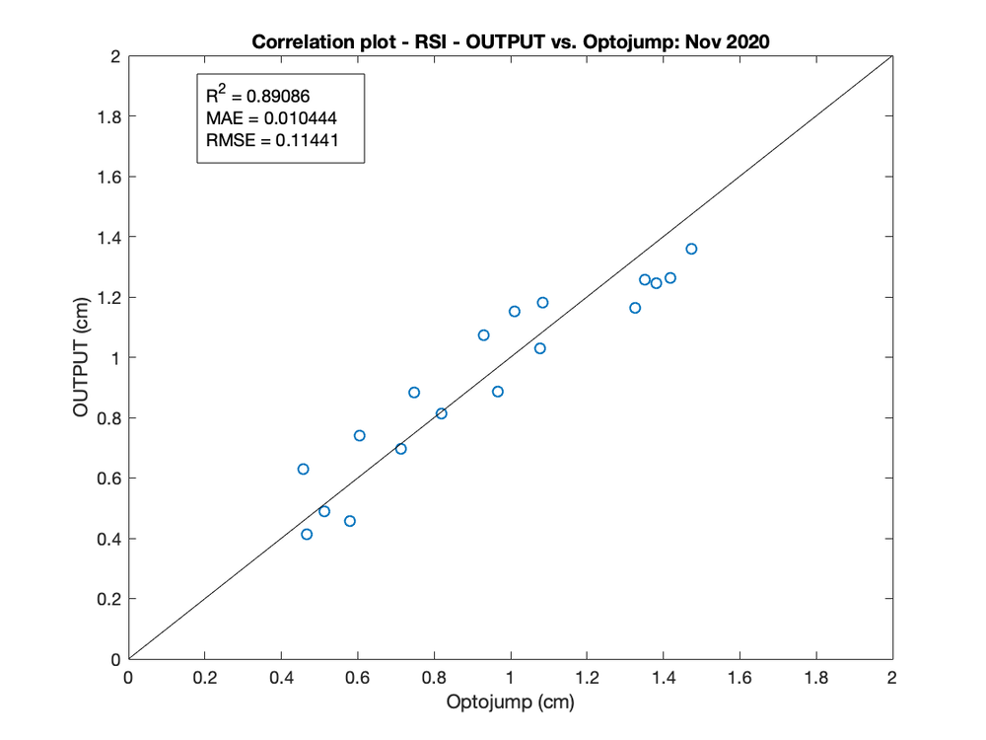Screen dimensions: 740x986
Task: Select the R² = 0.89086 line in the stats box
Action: [x=264, y=97]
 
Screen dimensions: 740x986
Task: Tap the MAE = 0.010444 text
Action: [x=272, y=119]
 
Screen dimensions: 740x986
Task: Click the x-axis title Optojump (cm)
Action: [x=510, y=703]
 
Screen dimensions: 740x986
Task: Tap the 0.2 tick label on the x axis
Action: [x=204, y=678]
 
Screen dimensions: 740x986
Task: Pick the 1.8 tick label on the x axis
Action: [x=815, y=678]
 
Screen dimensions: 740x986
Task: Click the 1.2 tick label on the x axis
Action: [x=587, y=678]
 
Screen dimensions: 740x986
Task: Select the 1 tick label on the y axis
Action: [x=114, y=358]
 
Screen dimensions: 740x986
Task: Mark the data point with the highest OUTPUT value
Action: [x=691, y=249]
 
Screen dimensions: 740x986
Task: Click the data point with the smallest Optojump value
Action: [x=303, y=469]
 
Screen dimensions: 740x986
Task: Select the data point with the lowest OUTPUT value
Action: [x=307, y=534]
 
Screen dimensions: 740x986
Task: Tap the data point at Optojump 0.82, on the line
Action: [x=441, y=413]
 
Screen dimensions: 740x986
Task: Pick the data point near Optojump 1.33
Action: [x=635, y=308]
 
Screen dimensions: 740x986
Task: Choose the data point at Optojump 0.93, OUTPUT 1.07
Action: [x=483, y=335]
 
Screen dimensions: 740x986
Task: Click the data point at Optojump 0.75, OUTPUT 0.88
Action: [x=414, y=393]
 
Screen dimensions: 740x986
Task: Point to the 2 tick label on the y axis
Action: [x=114, y=57]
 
